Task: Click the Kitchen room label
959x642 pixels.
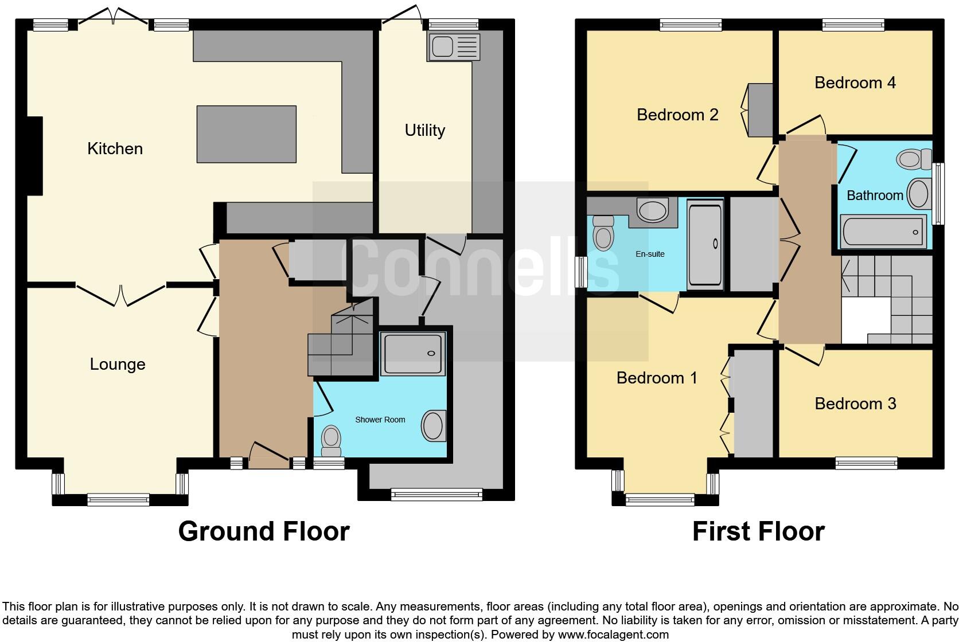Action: (115, 148)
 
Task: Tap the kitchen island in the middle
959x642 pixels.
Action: (247, 134)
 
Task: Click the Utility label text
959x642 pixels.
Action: (424, 130)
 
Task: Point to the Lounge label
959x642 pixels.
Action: (118, 364)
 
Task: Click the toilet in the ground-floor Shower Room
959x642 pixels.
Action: (331, 439)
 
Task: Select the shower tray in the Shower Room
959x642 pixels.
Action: (413, 354)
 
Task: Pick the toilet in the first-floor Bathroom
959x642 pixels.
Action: (914, 159)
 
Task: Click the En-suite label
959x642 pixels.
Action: (650, 254)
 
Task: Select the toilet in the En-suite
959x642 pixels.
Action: (603, 233)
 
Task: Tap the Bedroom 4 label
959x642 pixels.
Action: (855, 83)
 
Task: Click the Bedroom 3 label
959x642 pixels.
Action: (855, 404)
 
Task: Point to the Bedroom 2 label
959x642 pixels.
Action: (677, 115)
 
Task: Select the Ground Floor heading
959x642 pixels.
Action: (263, 531)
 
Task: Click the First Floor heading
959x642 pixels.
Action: (758, 531)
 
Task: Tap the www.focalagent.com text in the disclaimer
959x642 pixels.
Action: (613, 635)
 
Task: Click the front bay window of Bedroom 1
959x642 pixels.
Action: (660, 499)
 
